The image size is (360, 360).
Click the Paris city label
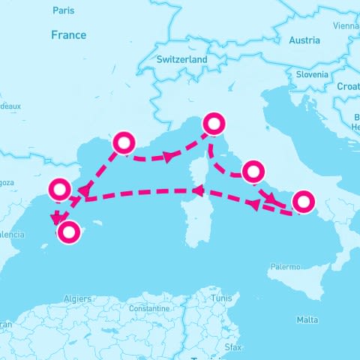64,10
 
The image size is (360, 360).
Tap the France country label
68,35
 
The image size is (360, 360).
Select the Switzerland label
182,59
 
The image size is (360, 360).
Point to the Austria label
304,40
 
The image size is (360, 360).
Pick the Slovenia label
311,74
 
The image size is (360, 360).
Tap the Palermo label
285,266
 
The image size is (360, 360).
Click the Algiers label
78,298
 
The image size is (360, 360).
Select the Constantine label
148,308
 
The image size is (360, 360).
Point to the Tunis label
221,298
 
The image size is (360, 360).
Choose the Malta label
307,319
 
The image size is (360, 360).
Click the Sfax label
233,347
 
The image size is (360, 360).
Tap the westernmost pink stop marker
60,189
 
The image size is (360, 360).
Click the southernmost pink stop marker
69,232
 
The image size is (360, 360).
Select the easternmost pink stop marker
302,202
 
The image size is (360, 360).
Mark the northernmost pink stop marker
214,123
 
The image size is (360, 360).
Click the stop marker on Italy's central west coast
253,170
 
